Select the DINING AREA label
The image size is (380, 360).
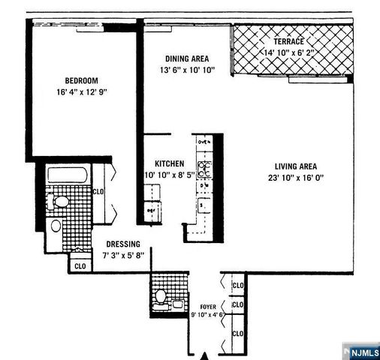(x=186, y=58)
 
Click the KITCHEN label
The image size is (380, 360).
(x=170, y=163)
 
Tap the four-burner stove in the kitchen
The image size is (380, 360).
(x=204, y=166)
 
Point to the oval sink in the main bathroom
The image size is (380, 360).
(x=56, y=226)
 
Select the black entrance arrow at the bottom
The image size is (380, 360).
(x=202, y=355)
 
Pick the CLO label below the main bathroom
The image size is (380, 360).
(x=80, y=265)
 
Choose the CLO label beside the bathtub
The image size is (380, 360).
(x=98, y=191)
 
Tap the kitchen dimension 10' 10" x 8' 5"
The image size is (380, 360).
(x=169, y=175)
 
